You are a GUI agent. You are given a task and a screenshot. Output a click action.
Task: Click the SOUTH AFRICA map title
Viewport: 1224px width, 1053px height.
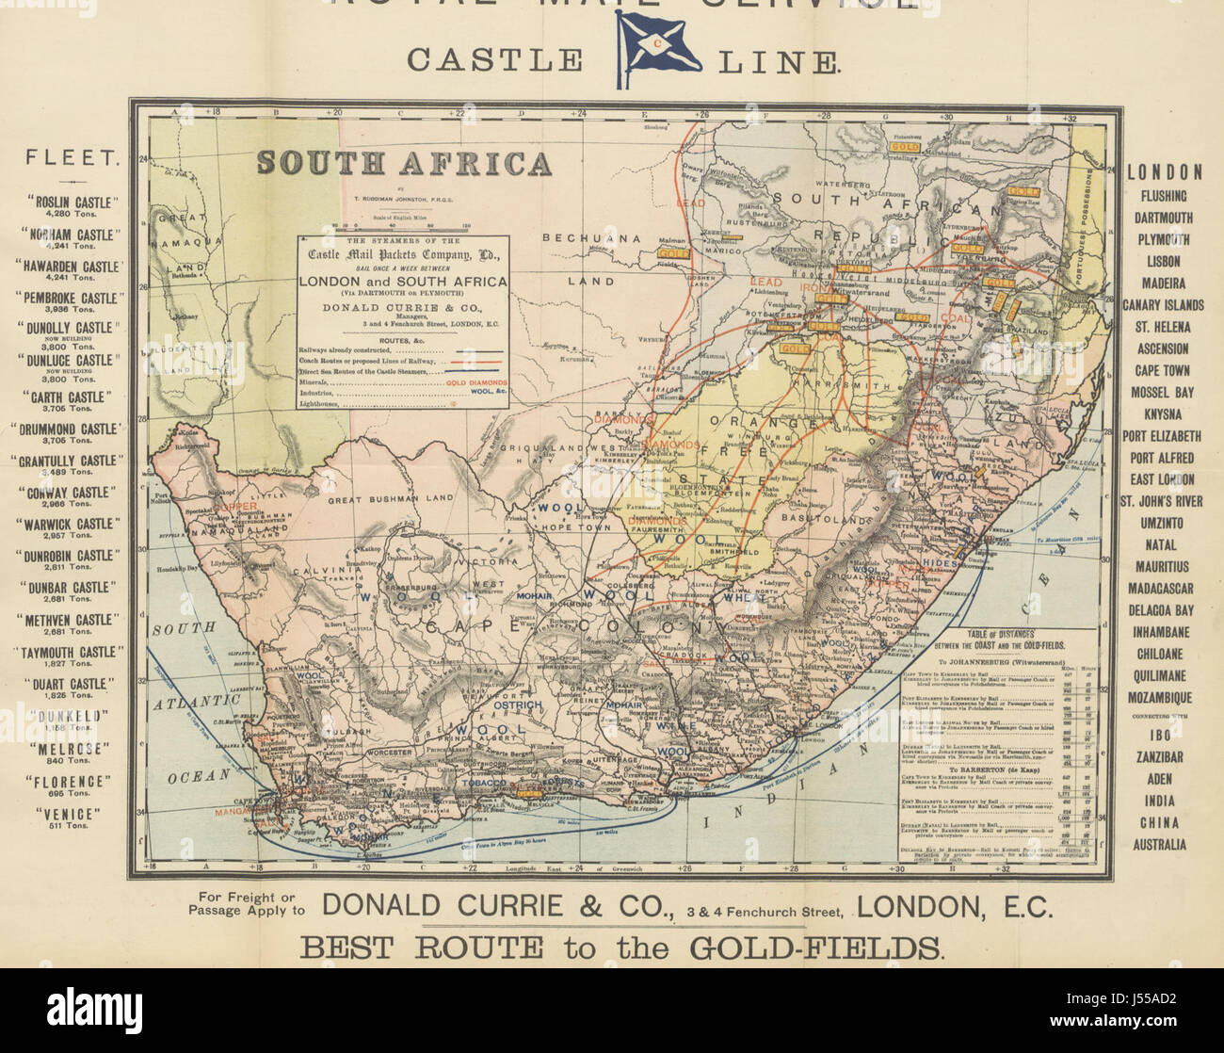pos(404,163)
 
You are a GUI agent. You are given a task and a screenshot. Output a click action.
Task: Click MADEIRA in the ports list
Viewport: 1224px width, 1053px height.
pos(1166,283)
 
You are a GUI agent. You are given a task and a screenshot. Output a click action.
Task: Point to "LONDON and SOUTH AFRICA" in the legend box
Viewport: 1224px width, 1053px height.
pos(403,281)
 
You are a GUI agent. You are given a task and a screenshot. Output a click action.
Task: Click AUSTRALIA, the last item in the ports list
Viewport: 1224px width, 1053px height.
pos(1159,844)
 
